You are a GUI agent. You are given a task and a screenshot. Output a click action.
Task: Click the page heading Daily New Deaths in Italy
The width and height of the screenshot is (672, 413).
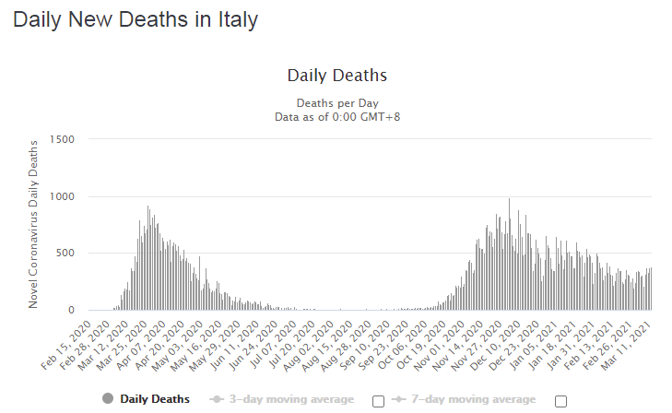pos(135,19)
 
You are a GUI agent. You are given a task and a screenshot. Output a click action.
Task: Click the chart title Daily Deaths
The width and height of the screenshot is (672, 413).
pos(336,76)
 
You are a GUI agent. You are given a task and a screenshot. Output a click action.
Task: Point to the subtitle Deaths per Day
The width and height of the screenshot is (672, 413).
pos(336,102)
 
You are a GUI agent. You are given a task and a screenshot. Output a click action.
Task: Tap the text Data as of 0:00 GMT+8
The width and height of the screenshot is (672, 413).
pos(336,117)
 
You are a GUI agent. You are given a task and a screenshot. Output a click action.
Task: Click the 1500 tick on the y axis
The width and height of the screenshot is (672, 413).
pos(61,139)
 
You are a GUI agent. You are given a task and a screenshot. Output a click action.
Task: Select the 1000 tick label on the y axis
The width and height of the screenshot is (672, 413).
pos(61,196)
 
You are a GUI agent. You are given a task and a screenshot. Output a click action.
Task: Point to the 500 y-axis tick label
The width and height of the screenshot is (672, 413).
pos(64,254)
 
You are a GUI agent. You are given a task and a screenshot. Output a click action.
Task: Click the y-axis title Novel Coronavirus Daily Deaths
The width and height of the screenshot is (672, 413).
pos(35,224)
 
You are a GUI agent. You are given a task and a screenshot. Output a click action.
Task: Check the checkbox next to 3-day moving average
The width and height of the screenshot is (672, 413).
pos(378,400)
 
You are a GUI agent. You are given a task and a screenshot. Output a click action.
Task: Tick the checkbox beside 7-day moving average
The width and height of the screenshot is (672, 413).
pos(560,400)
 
